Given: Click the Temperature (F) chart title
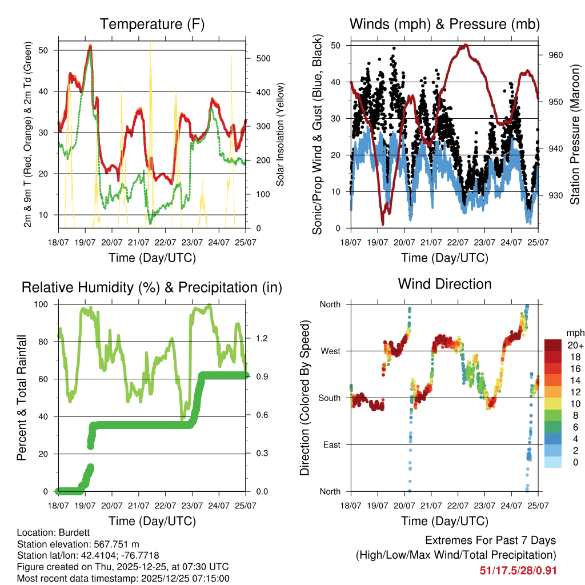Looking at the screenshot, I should point(152,24).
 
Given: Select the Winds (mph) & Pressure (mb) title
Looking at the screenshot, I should point(444,24).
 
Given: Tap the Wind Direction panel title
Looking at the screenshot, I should point(444,283).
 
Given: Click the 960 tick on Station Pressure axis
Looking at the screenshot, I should point(556,55).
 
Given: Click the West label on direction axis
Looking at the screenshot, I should point(330,351).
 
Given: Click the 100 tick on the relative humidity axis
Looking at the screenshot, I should point(42,304).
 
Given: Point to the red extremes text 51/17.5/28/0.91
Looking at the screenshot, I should point(518,570).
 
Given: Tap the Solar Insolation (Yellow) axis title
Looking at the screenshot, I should point(281,135).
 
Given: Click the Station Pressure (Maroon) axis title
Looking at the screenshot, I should point(575,135).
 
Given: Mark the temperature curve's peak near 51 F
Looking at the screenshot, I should point(90,47).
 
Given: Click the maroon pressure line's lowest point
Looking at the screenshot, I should point(383,223).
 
